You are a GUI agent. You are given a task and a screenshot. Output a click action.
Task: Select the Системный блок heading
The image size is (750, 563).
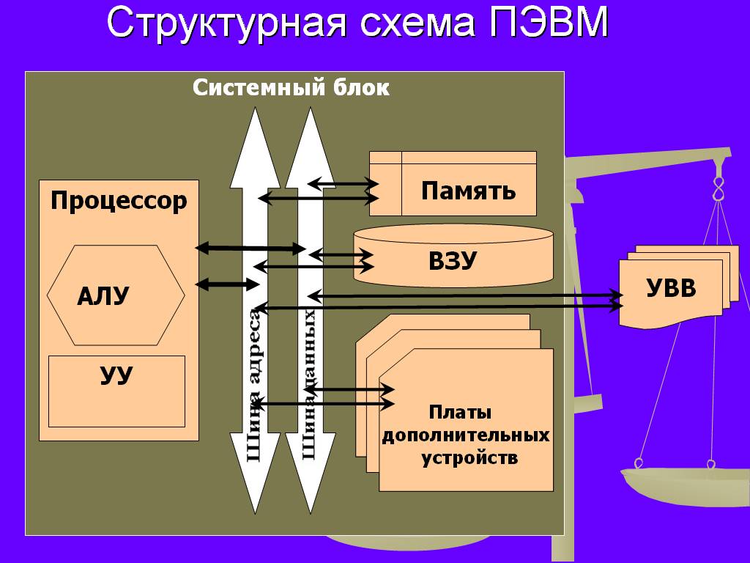point(291,88)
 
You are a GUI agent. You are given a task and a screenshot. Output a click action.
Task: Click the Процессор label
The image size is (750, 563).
point(119,200)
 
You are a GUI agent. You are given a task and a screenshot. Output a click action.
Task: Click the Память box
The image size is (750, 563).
point(468,191)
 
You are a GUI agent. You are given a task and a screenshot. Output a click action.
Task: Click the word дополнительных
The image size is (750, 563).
point(466,435)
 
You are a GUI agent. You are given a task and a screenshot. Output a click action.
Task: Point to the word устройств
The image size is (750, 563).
point(469,459)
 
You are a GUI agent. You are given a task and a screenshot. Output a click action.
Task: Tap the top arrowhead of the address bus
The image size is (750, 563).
point(255,139)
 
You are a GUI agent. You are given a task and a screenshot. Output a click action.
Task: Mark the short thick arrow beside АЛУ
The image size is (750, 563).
point(223,284)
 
